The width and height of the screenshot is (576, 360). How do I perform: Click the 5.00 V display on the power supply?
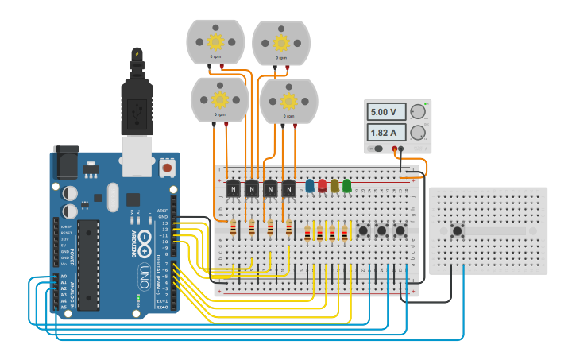tap(385, 112)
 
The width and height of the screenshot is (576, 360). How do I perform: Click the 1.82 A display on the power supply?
tap(385, 133)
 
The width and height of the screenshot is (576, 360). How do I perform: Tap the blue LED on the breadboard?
tap(310, 186)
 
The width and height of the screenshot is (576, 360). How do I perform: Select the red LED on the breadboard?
tap(323, 186)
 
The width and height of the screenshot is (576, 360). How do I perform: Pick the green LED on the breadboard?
tap(346, 186)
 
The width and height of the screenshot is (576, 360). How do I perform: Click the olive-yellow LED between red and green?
tap(334, 186)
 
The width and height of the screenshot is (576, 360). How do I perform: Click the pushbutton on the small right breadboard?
tap(458, 231)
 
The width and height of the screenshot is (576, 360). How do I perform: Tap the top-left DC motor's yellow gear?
tap(215, 41)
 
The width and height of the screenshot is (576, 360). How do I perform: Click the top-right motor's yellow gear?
tap(281, 42)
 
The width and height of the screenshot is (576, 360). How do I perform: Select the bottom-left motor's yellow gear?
tap(219, 100)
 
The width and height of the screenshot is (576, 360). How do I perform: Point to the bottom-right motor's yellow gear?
tap(288, 101)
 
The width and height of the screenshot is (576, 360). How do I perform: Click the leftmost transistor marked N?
tap(233, 190)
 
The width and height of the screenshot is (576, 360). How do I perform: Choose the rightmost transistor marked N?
tap(288, 190)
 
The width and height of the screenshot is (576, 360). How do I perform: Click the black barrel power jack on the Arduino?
tap(66, 162)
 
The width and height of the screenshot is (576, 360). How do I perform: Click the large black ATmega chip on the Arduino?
tap(88, 264)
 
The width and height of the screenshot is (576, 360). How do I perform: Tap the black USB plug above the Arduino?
tap(137, 103)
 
